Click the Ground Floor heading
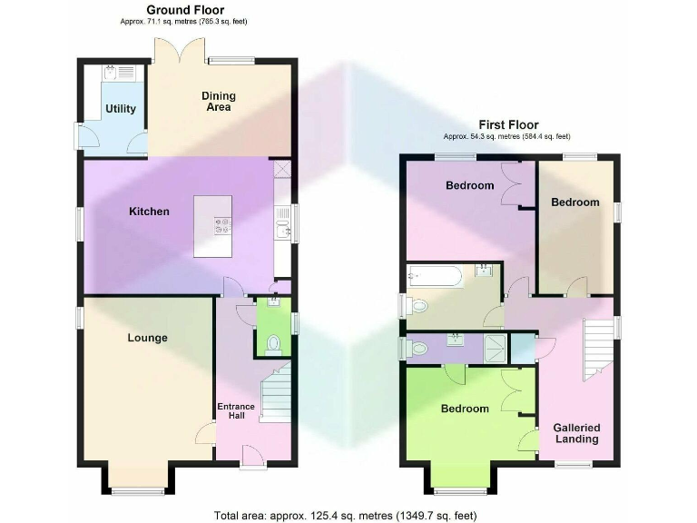point(185,9)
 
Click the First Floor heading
point(508,125)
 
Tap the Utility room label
point(121,109)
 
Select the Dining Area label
point(218,101)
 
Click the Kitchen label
point(149,212)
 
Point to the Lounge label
point(147,338)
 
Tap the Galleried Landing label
point(577,433)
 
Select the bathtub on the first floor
point(437,275)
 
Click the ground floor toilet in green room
point(274,343)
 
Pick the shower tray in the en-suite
point(492,346)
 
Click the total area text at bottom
point(345,515)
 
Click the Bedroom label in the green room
point(465,409)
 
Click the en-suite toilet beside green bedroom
point(418,347)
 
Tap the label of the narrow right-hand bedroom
point(575,202)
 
